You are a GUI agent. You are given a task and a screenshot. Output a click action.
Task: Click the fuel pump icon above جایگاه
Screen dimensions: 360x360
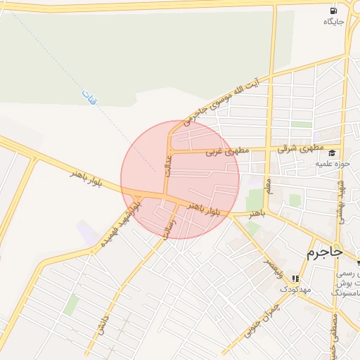pyautogui.click(x=333, y=11)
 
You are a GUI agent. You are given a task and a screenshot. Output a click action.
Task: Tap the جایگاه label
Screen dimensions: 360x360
pyautogui.click(x=333, y=22)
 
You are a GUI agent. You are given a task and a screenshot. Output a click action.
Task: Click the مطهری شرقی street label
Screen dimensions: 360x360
pyautogui.click(x=299, y=148)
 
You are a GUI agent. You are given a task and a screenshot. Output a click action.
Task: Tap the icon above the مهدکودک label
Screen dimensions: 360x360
pyautogui.click(x=295, y=278)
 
